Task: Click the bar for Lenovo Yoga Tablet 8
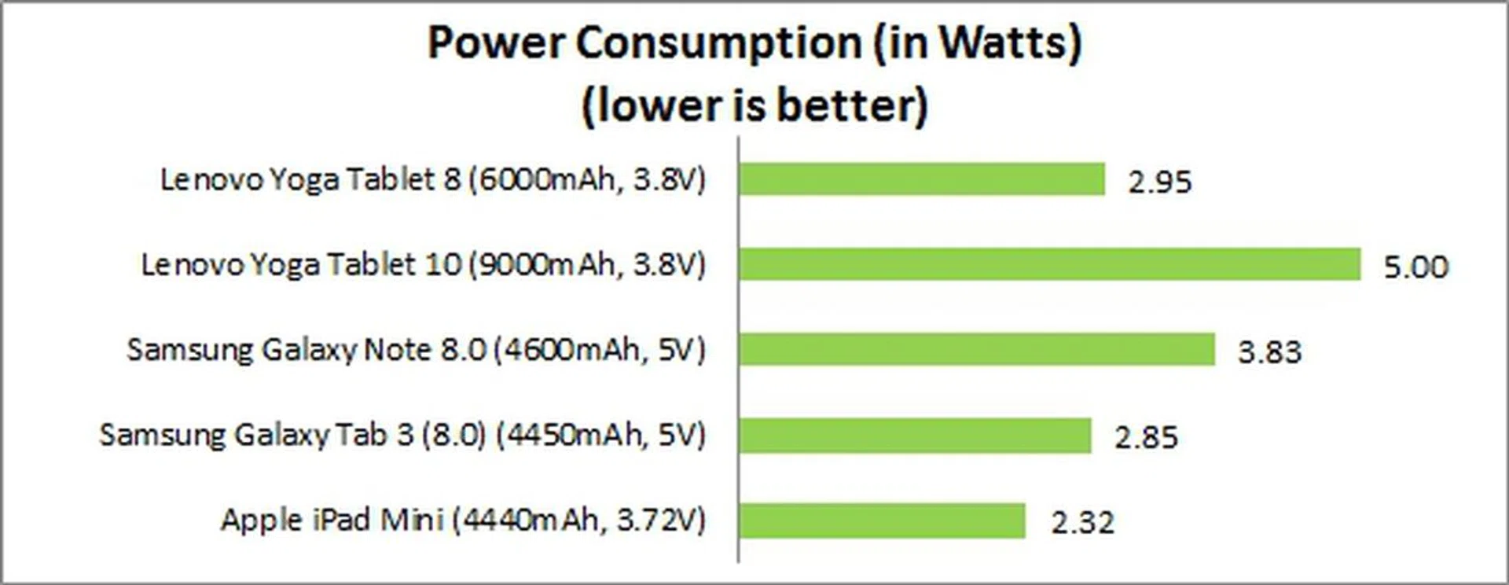(921, 179)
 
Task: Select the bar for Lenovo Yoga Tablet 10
(1049, 264)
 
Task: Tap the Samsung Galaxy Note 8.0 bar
(976, 349)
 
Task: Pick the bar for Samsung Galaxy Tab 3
(915, 435)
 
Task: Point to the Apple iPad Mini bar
(882, 520)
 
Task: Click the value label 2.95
(1160, 182)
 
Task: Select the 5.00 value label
(1415, 267)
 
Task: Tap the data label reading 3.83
(1270, 351)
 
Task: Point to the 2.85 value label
(1146, 437)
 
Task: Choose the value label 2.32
(1083, 522)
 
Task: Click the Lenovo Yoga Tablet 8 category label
(433, 179)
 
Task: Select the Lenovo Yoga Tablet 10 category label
(424, 264)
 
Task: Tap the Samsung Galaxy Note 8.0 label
(417, 349)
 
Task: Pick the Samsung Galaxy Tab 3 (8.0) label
(402, 435)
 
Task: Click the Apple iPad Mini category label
(463, 520)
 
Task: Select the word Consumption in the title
(719, 42)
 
